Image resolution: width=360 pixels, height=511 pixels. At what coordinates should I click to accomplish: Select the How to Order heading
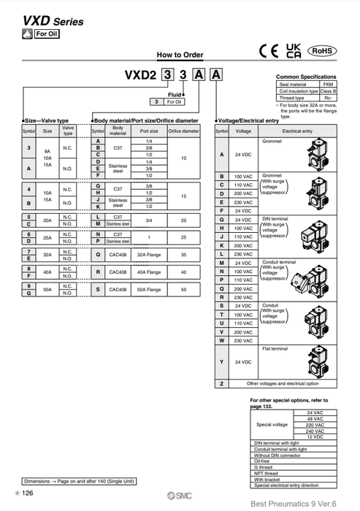coord(180,55)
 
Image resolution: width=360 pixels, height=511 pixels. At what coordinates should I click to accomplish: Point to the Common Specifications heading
coord(306,77)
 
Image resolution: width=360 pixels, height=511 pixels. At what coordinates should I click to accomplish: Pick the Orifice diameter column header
coord(184,131)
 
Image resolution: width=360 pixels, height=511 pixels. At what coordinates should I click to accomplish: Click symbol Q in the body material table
coord(98,255)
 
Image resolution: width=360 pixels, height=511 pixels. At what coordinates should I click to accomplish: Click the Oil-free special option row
coord(262,460)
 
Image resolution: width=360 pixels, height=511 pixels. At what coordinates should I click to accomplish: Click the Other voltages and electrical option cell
coord(282,384)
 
